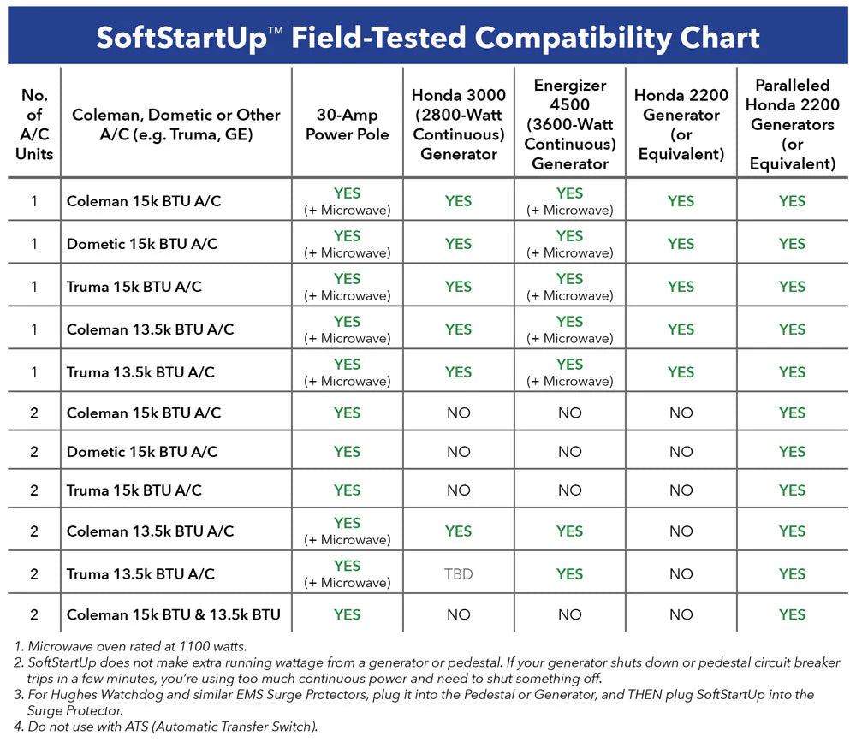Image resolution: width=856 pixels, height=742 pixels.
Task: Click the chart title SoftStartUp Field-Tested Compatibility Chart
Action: pyautogui.click(x=428, y=37)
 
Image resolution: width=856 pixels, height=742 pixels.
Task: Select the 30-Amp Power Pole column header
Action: pyautogui.click(x=347, y=124)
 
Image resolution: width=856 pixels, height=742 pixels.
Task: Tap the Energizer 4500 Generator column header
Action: pyautogui.click(x=569, y=124)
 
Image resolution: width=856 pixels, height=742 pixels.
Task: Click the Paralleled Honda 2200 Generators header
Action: pyautogui.click(x=792, y=124)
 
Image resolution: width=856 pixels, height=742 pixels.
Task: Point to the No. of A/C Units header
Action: pyautogui.click(x=34, y=124)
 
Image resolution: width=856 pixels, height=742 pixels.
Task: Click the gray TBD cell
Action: pyautogui.click(x=458, y=574)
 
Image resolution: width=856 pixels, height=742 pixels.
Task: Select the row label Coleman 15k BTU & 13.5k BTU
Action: pyautogui.click(x=173, y=614)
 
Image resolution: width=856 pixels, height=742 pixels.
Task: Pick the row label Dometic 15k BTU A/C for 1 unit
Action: pyautogui.click(x=142, y=244)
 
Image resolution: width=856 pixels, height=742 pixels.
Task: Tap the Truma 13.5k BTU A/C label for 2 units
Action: pyautogui.click(x=140, y=574)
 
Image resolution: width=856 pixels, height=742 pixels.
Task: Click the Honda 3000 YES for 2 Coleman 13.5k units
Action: pyautogui.click(x=458, y=531)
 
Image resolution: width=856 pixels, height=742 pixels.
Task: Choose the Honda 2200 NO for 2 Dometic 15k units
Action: pyautogui.click(x=681, y=452)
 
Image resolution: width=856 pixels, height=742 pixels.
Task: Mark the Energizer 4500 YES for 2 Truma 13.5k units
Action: pyautogui.click(x=569, y=574)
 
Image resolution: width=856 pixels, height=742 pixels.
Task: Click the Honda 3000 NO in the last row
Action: pyautogui.click(x=458, y=614)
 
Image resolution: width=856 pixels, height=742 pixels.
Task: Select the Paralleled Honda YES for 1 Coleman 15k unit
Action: pyautogui.click(x=792, y=201)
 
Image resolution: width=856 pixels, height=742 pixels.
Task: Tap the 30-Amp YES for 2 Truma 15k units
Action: pyautogui.click(x=347, y=490)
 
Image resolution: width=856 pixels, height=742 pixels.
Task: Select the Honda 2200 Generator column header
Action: pyautogui.click(x=681, y=124)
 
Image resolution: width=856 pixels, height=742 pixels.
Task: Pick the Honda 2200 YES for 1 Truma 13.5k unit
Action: pyautogui.click(x=681, y=372)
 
